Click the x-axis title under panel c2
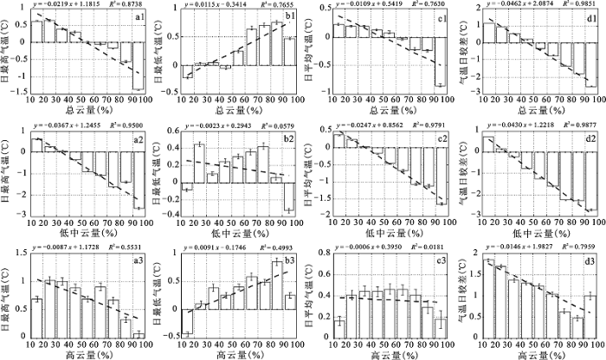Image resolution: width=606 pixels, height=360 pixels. click(x=387, y=231)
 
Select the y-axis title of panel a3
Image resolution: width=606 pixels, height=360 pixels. click(x=8, y=297)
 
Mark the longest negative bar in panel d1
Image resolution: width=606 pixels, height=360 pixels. click(x=591, y=65)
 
